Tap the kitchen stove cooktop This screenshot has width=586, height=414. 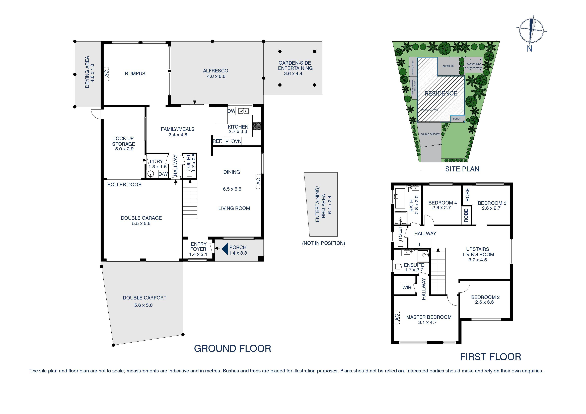[x=257, y=126]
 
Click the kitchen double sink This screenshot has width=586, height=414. [x=243, y=111]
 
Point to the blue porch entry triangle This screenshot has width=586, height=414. [x=225, y=249]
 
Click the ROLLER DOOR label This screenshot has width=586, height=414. [x=124, y=184]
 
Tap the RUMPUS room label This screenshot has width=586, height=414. [x=135, y=73]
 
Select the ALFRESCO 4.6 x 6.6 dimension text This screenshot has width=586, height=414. [x=216, y=76]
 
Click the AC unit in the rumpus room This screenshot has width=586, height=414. [x=106, y=74]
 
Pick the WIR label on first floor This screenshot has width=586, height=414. [x=407, y=287]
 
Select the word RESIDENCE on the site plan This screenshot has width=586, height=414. [x=441, y=93]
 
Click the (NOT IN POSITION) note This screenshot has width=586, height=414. [x=323, y=243]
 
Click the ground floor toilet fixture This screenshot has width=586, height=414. [x=189, y=174]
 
